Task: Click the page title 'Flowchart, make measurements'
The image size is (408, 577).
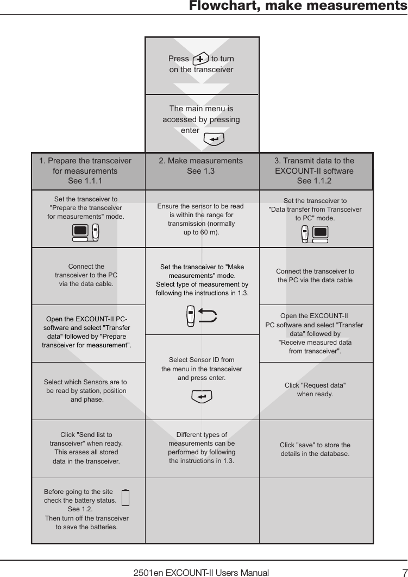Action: tap(298, 7)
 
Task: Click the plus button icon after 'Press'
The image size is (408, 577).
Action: tap(200, 59)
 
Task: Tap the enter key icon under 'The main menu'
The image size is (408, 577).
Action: tap(214, 140)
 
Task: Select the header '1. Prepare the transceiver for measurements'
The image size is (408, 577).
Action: tap(85, 171)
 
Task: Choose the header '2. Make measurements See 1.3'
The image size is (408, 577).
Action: tap(200, 166)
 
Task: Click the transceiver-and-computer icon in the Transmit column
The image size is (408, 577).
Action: tap(315, 233)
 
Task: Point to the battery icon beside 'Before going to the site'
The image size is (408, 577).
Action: tap(125, 498)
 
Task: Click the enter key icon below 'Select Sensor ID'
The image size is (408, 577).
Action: tap(202, 397)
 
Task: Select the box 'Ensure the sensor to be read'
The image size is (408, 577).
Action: tap(200, 219)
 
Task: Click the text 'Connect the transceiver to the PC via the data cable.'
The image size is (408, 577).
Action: tap(86, 275)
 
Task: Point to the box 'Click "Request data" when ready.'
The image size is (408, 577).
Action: tap(315, 390)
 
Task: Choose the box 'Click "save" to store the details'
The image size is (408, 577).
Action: tap(315, 449)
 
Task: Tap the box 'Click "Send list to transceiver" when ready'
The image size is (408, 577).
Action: tap(86, 448)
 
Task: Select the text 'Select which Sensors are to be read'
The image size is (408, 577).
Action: tap(86, 391)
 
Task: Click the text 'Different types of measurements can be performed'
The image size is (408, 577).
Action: tap(202, 448)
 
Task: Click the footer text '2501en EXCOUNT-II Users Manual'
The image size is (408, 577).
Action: tap(201, 572)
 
